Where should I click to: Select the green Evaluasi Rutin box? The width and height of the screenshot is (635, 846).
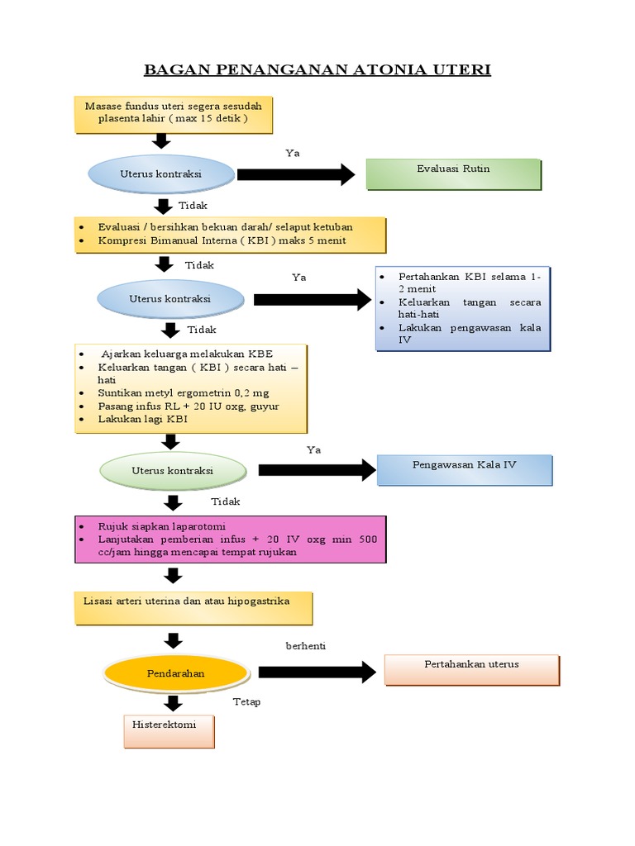click(x=454, y=174)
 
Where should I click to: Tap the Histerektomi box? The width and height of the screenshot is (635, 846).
click(x=169, y=732)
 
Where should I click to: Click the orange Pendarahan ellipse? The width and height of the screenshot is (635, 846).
click(x=176, y=673)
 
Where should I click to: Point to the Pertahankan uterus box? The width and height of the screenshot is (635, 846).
click(x=472, y=670)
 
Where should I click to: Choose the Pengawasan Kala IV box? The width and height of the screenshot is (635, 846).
click(x=465, y=470)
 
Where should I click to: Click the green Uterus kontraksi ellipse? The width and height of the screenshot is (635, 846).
click(x=173, y=470)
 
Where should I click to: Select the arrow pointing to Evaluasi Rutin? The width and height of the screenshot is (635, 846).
click(x=296, y=174)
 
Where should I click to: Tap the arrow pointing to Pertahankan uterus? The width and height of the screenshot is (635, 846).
click(x=317, y=673)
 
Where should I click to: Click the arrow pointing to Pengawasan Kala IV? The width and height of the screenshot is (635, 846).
click(x=317, y=470)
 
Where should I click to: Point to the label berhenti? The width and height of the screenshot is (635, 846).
click(x=306, y=646)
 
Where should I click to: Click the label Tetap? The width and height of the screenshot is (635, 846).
click(x=246, y=701)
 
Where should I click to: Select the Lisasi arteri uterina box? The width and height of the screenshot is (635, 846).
click(x=193, y=609)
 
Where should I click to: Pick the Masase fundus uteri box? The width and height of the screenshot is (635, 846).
click(x=174, y=115)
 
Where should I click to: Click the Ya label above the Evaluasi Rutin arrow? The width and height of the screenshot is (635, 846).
click(x=293, y=153)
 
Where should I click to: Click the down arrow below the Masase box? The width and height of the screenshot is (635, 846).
click(x=161, y=140)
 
